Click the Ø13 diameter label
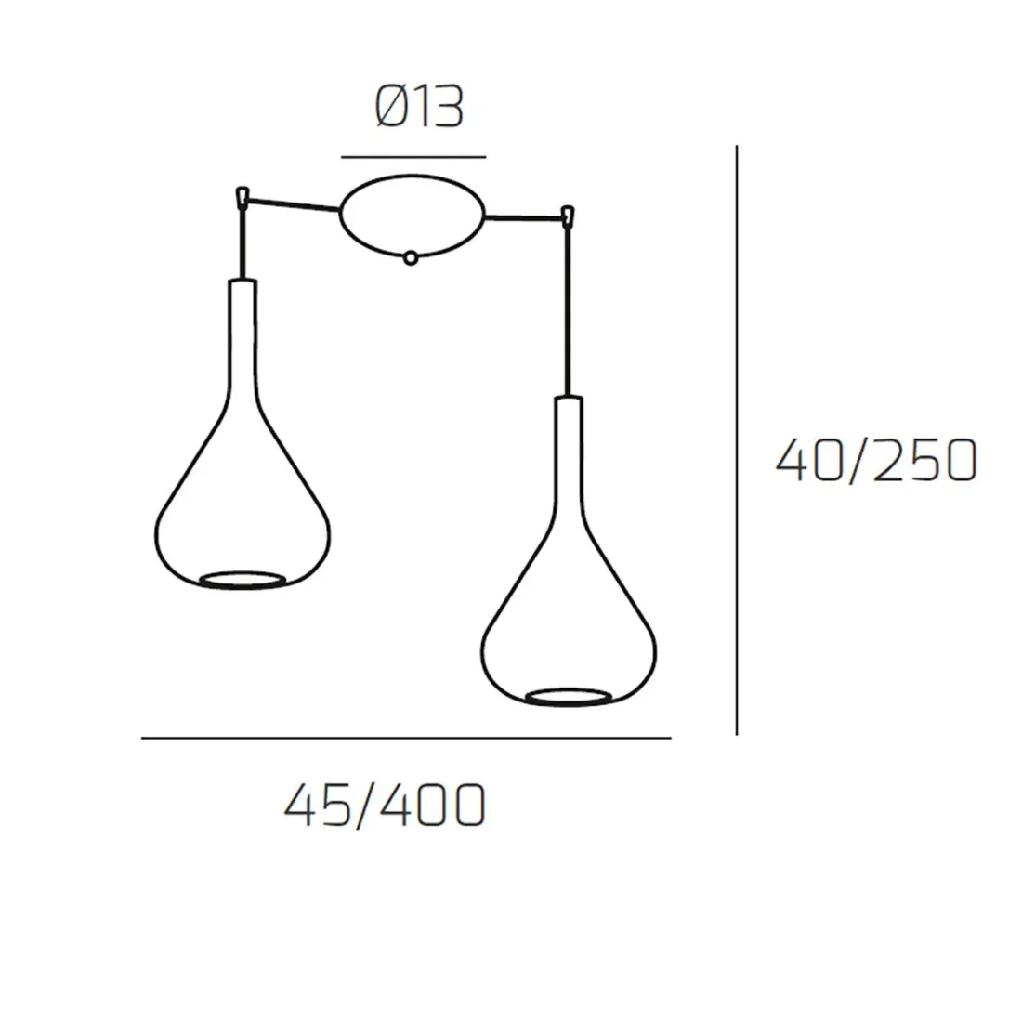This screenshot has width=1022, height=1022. point(419,108)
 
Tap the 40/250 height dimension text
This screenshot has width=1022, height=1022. point(876,460)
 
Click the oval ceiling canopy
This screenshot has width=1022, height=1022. point(412,216)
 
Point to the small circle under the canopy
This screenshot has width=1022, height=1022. point(410,258)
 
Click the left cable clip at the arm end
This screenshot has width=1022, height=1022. point(242,196)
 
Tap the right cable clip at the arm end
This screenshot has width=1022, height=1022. point(569,216)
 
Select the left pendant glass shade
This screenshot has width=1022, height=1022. point(242,435)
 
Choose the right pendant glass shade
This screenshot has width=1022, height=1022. point(569,551)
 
